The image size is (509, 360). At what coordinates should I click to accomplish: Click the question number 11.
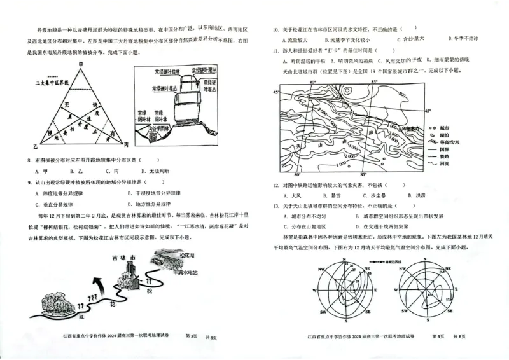[275, 50]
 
